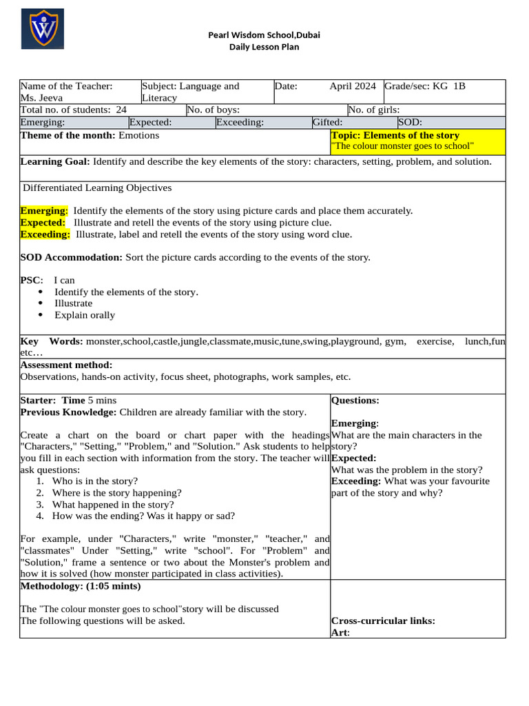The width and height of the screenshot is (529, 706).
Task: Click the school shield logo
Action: click(x=42, y=29)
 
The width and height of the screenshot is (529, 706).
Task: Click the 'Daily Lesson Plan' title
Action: click(x=264, y=47)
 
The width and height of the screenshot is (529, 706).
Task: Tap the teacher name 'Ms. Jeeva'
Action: click(x=41, y=98)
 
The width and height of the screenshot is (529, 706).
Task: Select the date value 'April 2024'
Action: click(x=352, y=86)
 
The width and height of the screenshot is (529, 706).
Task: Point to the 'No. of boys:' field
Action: click(x=213, y=110)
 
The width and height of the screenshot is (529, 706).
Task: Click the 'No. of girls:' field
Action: click(x=373, y=110)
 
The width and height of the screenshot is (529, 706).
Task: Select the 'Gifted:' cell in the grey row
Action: click(x=327, y=122)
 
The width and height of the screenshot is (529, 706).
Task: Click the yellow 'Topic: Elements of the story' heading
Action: click(x=395, y=135)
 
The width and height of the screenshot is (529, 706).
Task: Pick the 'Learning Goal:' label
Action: click(x=55, y=161)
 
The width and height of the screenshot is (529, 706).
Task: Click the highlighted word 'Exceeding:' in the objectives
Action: click(x=45, y=234)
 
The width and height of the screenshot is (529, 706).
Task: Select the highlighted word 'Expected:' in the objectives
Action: click(x=43, y=223)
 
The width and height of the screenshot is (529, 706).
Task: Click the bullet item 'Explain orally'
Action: click(x=85, y=315)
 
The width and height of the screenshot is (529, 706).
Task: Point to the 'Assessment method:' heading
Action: click(x=66, y=365)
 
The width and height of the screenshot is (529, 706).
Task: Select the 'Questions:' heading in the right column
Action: click(x=355, y=401)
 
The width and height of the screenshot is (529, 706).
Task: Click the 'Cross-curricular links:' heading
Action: click(x=383, y=621)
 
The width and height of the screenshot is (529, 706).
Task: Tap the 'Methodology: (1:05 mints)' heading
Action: click(x=80, y=586)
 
